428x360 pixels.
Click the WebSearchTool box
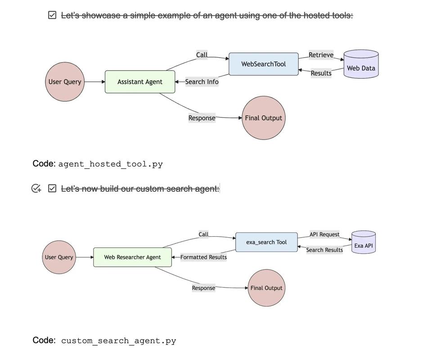click(263, 64)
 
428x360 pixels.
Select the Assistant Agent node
click(140, 82)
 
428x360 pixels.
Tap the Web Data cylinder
click(361, 66)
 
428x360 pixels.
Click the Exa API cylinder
click(363, 243)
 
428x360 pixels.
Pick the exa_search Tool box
click(266, 242)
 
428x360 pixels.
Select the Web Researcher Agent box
click(132, 257)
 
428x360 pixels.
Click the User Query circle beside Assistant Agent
click(65, 82)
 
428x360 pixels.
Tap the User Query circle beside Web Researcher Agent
click(59, 257)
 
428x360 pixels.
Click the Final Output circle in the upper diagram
click(263, 118)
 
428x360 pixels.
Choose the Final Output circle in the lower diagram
click(266, 288)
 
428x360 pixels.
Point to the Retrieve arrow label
click(321, 55)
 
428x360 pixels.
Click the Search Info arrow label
click(202, 82)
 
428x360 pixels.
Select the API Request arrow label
click(324, 234)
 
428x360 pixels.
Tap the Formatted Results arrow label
click(203, 257)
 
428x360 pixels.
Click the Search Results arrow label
click(324, 250)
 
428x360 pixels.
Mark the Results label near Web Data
click(321, 73)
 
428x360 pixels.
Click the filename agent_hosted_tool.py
click(110, 164)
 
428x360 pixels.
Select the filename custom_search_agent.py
click(118, 341)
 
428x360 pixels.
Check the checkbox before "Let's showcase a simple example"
click(52, 15)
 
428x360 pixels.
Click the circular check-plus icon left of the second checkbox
click(36, 189)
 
